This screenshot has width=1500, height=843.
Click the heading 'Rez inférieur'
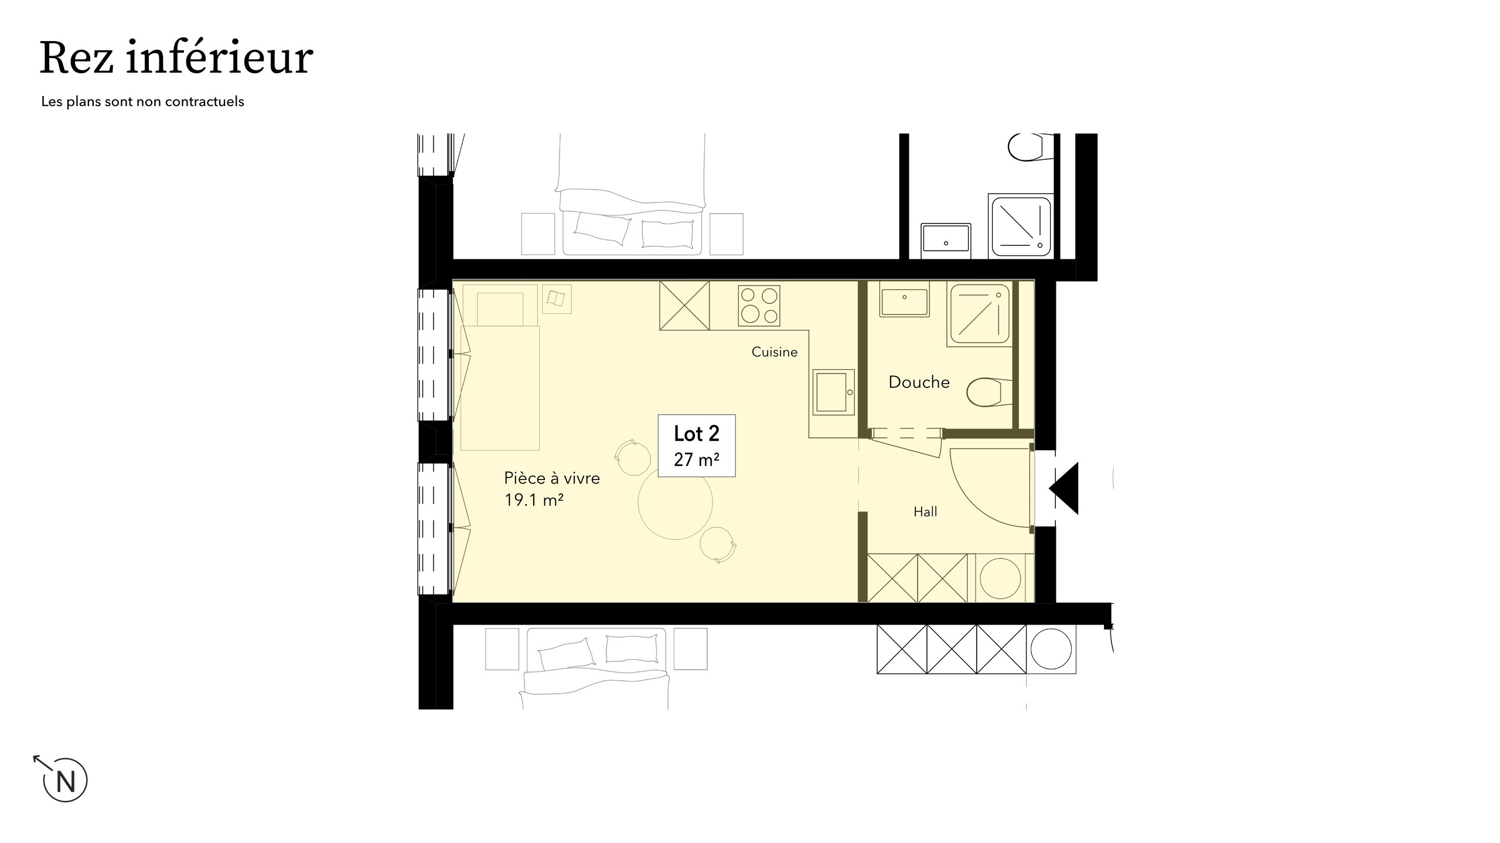tap(176, 59)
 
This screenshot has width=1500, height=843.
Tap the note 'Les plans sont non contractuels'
tap(142, 102)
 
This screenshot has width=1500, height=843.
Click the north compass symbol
tap(64, 780)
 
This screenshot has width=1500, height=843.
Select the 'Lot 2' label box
tap(696, 445)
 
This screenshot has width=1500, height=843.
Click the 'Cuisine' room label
tap(774, 352)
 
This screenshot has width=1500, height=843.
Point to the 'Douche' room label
tap(919, 382)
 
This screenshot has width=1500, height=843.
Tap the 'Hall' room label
tap(925, 512)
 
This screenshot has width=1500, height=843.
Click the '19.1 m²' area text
tap(534, 500)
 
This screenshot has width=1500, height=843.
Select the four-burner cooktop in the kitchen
tap(759, 304)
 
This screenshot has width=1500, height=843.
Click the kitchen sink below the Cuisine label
tap(833, 392)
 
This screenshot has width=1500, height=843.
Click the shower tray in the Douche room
tap(980, 314)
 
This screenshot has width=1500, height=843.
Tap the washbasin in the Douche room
tap(904, 300)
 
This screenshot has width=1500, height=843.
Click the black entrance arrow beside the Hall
tap(1066, 488)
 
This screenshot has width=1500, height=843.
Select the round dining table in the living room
tap(675, 502)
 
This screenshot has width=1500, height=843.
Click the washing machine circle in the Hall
tap(1000, 578)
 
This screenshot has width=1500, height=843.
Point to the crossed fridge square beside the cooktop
tap(684, 306)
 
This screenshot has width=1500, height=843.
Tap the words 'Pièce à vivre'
tap(552, 478)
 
